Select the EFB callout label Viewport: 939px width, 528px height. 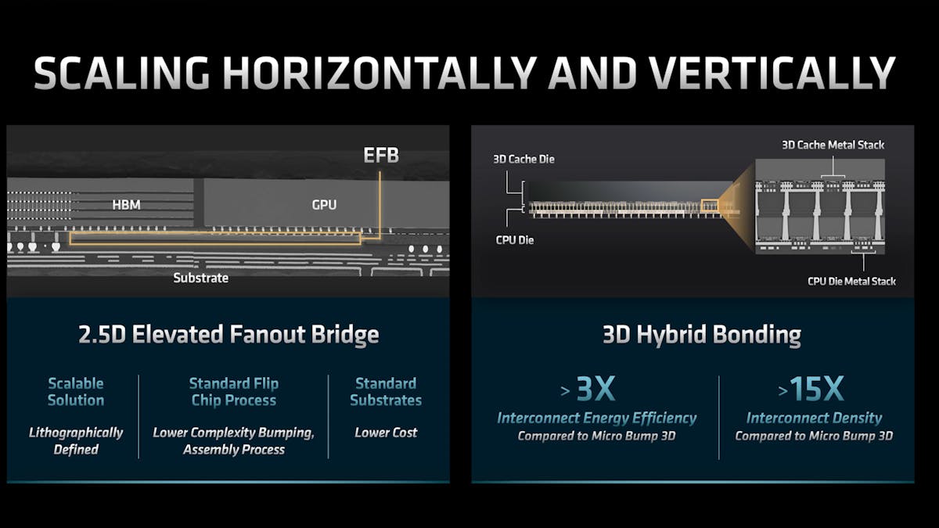(381, 156)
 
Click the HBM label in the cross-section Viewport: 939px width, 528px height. (127, 205)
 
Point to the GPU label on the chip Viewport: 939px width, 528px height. (324, 205)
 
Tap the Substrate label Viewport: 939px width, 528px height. (201, 278)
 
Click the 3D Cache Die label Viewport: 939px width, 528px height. (523, 160)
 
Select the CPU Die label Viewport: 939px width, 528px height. (515, 240)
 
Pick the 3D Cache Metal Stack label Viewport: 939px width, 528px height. (833, 145)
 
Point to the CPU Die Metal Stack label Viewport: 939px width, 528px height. (851, 281)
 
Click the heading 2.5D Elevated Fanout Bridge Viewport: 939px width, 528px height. (228, 336)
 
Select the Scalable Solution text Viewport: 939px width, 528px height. (76, 392)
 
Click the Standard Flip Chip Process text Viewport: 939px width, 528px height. (234, 392)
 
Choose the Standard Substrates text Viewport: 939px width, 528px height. (386, 392)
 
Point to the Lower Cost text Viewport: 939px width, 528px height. (386, 433)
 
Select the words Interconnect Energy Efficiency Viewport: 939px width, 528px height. (596, 418)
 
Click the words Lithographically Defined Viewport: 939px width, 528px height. (76, 441)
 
